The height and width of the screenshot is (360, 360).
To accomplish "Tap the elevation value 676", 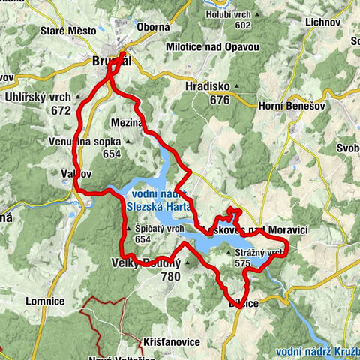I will point(219,100).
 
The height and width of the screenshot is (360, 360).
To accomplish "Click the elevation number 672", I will point(40,111).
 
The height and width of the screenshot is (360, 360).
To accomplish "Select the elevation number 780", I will point(170,276).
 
